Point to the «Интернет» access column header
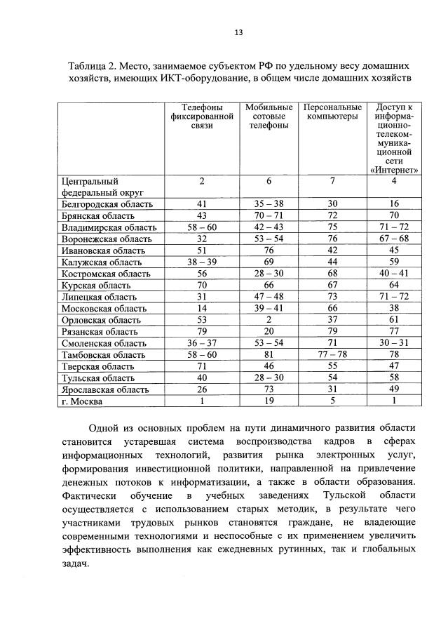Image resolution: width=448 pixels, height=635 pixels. click(394, 138)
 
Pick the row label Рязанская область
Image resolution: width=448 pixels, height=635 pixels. click(98, 331)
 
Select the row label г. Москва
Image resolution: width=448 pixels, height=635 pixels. click(82, 402)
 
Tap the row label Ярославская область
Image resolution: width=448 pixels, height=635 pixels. click(104, 389)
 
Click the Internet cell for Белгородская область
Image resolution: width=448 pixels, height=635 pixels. click(394, 203)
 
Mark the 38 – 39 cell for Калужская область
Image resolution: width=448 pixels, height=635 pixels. click(201, 262)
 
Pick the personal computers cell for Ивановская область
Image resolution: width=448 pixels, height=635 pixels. click(332, 250)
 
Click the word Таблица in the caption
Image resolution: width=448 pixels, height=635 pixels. click(88, 65)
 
